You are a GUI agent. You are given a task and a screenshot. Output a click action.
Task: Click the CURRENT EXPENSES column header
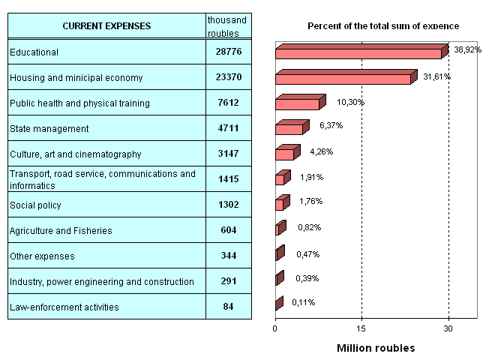pos(106,26)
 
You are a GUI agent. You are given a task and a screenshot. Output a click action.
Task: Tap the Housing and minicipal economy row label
pos(76,77)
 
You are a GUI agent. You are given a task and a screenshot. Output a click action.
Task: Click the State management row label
pos(49,128)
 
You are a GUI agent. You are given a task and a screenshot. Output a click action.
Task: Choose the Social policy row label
pos(34,205)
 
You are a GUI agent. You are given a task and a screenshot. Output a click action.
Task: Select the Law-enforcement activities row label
pos(64,307)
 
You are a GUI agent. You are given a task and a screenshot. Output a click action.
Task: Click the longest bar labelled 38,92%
pos(358,53)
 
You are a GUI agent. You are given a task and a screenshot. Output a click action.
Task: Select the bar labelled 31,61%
pos(343,78)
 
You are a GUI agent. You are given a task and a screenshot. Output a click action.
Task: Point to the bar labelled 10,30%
pos(298,103)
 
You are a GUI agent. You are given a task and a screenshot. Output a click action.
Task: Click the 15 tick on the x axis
pos(361,328)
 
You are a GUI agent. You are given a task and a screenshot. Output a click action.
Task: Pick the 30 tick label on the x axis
pos(448,328)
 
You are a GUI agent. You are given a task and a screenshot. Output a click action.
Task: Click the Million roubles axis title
pos(375,349)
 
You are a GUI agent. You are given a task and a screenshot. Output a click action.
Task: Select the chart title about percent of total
pos(383,26)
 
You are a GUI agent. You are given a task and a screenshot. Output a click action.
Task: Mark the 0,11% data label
pos(303,302)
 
